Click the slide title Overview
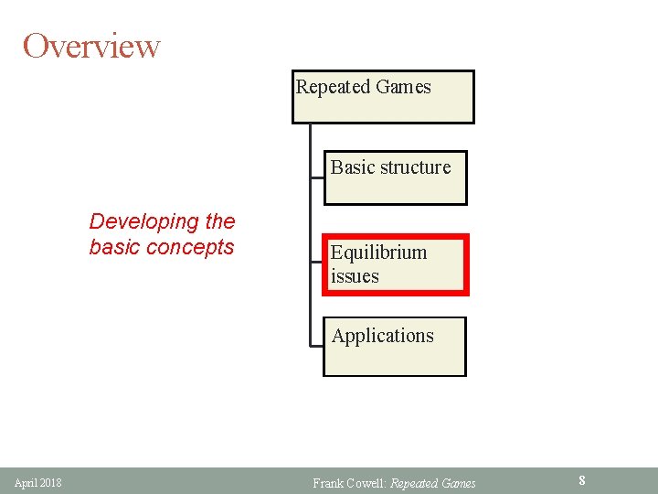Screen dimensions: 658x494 coord(91,46)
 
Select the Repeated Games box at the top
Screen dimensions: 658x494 coord(383,97)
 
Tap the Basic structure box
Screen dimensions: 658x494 coord(395,177)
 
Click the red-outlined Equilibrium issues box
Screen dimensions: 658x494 coord(396,265)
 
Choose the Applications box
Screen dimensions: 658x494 coord(394,347)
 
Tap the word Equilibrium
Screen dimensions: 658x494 coord(378,252)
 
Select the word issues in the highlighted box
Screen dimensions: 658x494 coord(355,276)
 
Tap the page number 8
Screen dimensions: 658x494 coord(581,479)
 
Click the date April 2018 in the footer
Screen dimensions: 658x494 coord(38,482)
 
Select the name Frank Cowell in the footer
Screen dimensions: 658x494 coord(348,483)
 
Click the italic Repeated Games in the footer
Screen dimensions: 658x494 coord(432,483)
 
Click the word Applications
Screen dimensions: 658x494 coord(382,336)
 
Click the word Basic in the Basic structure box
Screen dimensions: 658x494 coord(351,167)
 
